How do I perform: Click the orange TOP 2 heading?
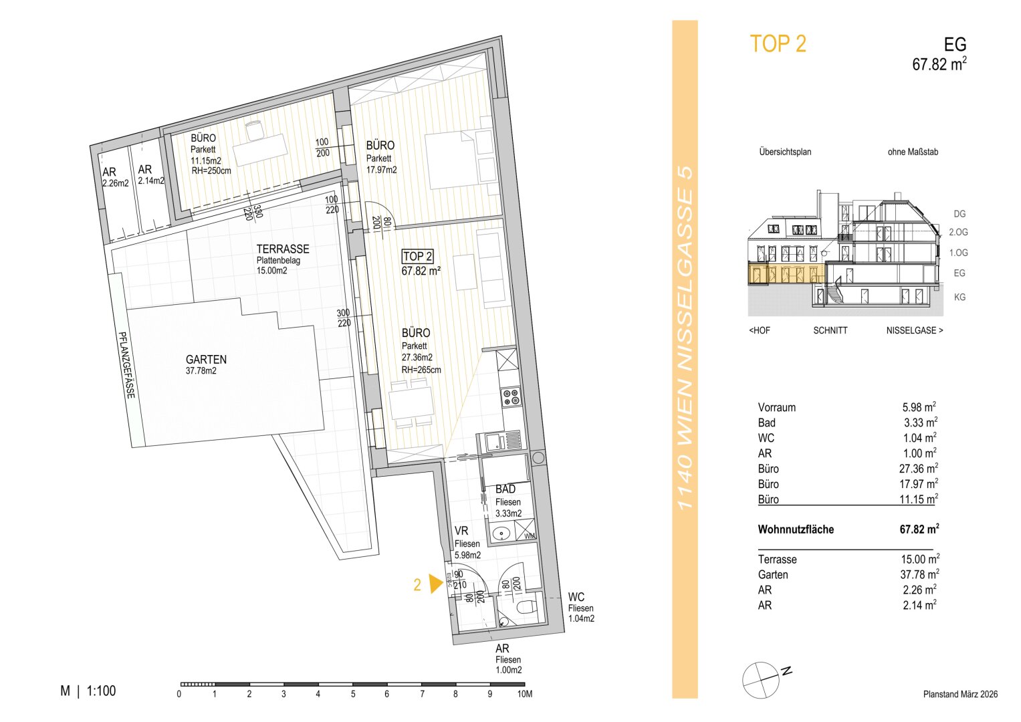[778, 44]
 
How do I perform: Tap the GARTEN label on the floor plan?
[206, 359]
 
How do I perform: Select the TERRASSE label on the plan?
[283, 249]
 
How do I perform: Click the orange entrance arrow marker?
[436, 584]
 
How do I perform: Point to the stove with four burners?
[511, 397]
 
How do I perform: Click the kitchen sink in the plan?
[502, 441]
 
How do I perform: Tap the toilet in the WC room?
[528, 608]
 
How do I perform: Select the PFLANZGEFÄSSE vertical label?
[126, 364]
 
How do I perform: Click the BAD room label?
[505, 489]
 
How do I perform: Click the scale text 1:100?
[101, 691]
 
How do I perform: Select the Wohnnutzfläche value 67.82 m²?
[919, 529]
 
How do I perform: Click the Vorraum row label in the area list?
[777, 408]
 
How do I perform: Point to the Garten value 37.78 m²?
[920, 574]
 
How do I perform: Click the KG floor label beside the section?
[960, 297]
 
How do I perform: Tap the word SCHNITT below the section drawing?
[830, 330]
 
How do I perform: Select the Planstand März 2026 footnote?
[960, 694]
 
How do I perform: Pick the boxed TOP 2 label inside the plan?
[417, 257]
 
